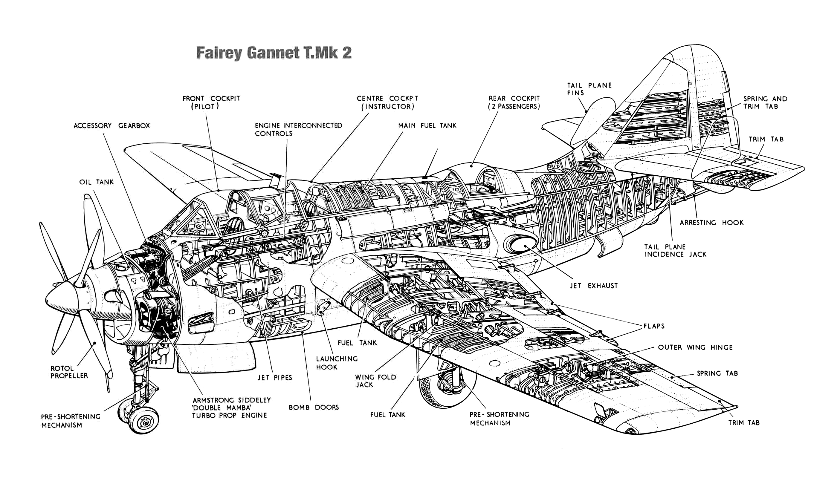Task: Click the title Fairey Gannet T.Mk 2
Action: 274,53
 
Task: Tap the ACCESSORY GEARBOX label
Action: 112,126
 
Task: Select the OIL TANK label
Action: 96,182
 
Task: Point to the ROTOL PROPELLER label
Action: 69,372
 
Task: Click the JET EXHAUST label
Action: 594,286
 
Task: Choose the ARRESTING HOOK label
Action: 711,223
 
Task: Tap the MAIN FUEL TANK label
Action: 427,126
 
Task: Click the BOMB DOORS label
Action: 314,407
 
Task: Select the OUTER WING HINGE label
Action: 695,347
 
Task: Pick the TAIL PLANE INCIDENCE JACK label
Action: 675,250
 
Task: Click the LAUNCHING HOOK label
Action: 337,363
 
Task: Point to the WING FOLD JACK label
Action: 375,381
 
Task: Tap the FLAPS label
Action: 654,326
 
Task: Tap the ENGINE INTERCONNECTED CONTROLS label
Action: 298,129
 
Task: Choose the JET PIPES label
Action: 275,378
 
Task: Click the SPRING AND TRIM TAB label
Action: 765,102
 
